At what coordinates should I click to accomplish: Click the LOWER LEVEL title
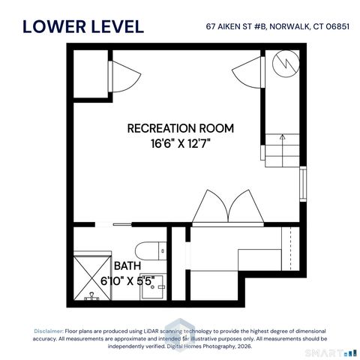83,27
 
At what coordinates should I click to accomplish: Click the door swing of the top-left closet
120,76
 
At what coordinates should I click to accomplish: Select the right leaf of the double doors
243,207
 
